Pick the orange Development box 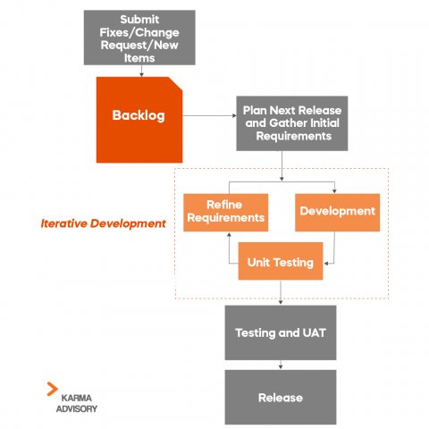[337, 212]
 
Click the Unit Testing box [280, 262]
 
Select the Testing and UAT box [281, 332]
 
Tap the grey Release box [281, 397]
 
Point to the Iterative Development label [104, 223]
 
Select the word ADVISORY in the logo [77, 408]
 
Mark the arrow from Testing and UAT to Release [281, 364]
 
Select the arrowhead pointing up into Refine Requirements [230, 234]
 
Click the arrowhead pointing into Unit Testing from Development [327, 263]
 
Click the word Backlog [138, 115]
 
